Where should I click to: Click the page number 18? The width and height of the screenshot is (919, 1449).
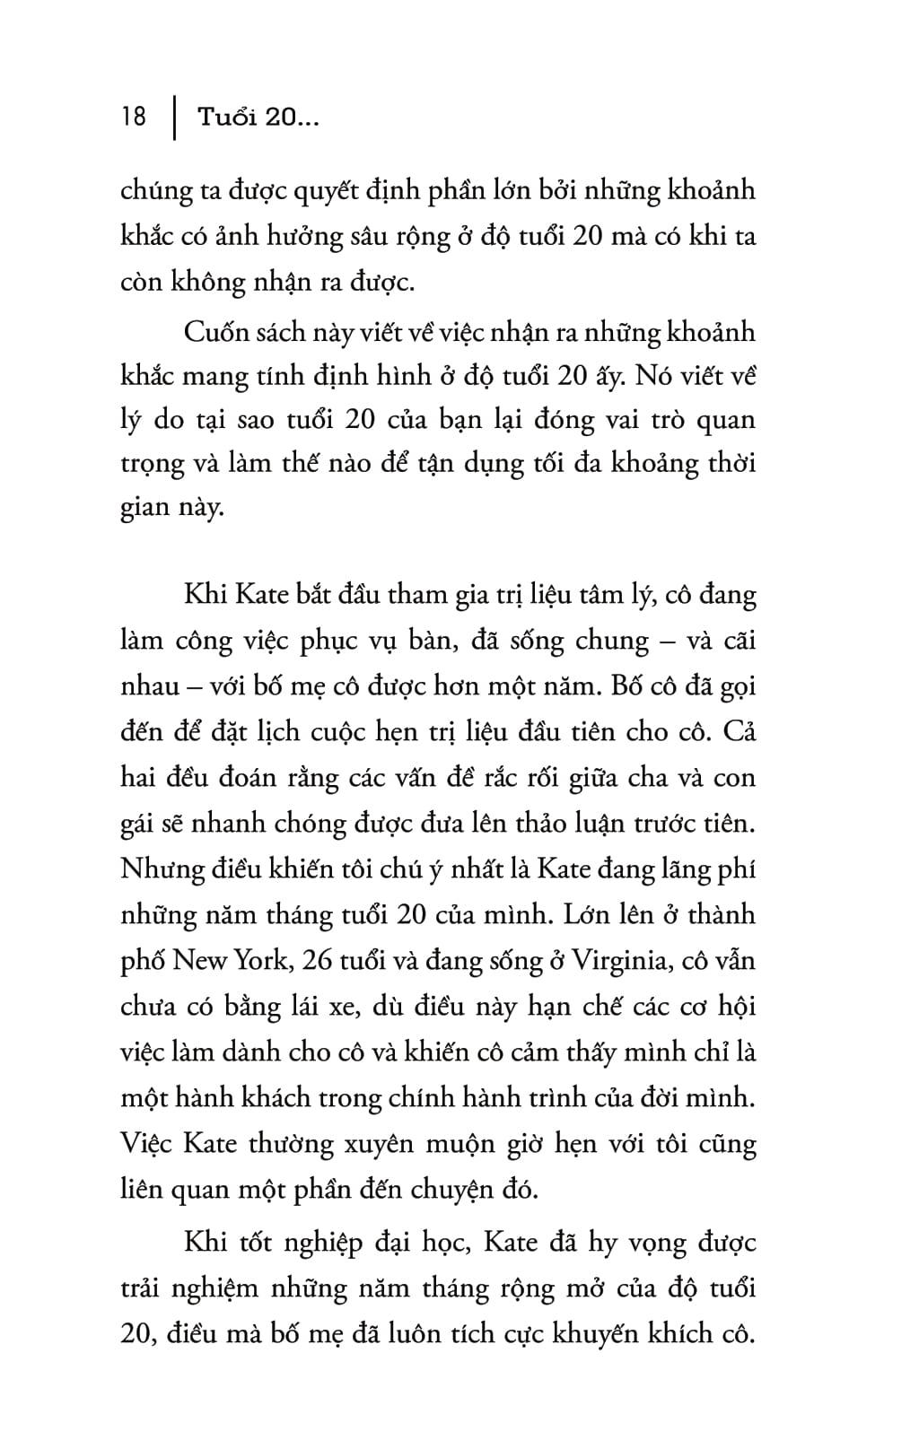click(133, 117)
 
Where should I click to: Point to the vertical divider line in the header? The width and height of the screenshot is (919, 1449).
click(172, 118)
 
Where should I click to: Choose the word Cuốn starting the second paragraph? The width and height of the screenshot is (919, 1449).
click(215, 332)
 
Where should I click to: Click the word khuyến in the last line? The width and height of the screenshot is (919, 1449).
click(594, 1334)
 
